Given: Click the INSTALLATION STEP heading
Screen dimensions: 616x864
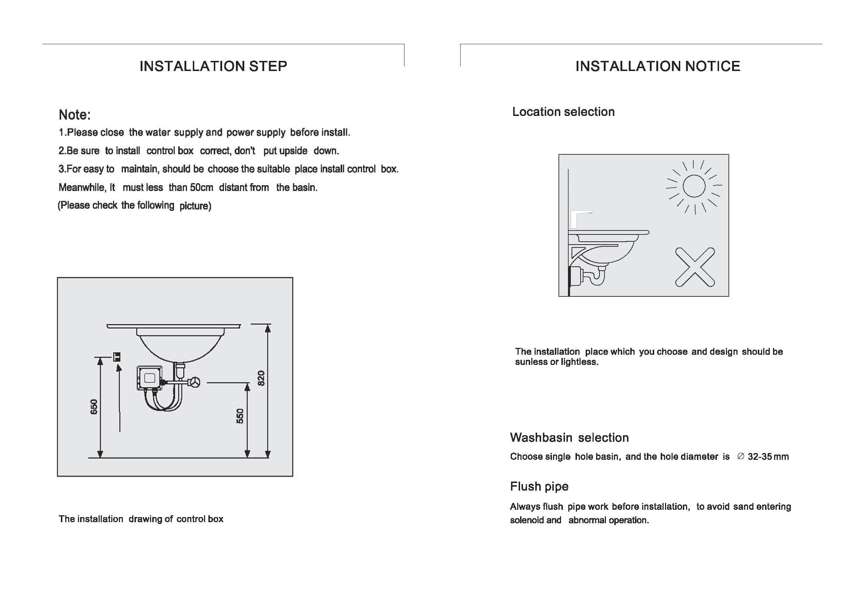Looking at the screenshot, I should point(213,66).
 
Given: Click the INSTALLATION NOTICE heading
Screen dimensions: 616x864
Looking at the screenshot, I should point(657,66).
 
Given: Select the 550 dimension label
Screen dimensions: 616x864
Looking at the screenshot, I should point(240,416).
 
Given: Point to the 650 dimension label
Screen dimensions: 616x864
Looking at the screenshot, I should point(94,407).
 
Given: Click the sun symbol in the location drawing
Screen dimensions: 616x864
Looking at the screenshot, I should point(694,186).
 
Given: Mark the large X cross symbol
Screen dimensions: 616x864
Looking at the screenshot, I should point(695,267).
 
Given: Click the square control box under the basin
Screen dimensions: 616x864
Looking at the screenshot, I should point(149,378).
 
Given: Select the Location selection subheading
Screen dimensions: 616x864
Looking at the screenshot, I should point(563,112).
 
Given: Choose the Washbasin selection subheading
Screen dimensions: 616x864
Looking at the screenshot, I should point(569,437).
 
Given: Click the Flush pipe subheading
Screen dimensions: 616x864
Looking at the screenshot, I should point(539,486).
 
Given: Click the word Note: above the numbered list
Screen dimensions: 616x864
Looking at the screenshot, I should point(74,115).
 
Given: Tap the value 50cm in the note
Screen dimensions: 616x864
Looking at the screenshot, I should point(202,187).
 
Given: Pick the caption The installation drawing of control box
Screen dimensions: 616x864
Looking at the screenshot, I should point(141,519).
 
